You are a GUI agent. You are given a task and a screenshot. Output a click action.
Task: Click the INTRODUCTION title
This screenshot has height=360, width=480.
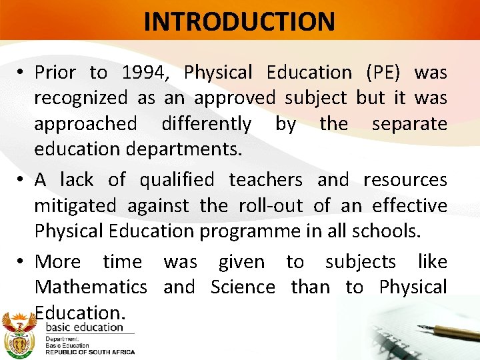pyautogui.click(x=239, y=21)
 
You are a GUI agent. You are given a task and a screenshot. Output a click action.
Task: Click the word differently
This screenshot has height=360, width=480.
pyautogui.click(x=206, y=124)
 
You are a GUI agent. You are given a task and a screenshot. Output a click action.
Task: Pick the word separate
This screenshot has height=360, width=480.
pyautogui.click(x=409, y=124)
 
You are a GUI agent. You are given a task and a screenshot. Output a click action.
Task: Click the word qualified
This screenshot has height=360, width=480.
pyautogui.click(x=177, y=180)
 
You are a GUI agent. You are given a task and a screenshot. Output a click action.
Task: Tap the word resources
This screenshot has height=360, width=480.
pyautogui.click(x=405, y=180)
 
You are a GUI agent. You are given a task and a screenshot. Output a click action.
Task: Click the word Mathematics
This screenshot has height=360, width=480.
pyautogui.click(x=91, y=287)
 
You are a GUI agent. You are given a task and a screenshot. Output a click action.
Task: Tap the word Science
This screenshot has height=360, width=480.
pyautogui.click(x=243, y=287)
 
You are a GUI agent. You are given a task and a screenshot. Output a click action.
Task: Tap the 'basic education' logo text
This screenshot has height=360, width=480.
pyautogui.click(x=84, y=327)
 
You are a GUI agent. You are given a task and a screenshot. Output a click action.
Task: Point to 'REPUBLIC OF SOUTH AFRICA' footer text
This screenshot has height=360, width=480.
pyautogui.click(x=89, y=352)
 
